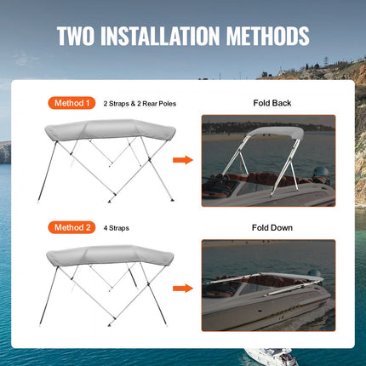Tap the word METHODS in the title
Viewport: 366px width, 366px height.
[274, 37]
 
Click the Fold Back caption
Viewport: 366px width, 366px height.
[272, 103]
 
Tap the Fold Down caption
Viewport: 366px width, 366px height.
[272, 227]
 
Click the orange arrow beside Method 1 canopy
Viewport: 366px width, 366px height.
[181, 160]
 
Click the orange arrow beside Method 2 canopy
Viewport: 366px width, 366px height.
[181, 289]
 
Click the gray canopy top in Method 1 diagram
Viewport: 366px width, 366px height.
[106, 130]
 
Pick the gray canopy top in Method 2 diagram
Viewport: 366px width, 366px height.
[106, 255]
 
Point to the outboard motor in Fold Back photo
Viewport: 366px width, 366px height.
[319, 174]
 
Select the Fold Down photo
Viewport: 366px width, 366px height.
[267, 284]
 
